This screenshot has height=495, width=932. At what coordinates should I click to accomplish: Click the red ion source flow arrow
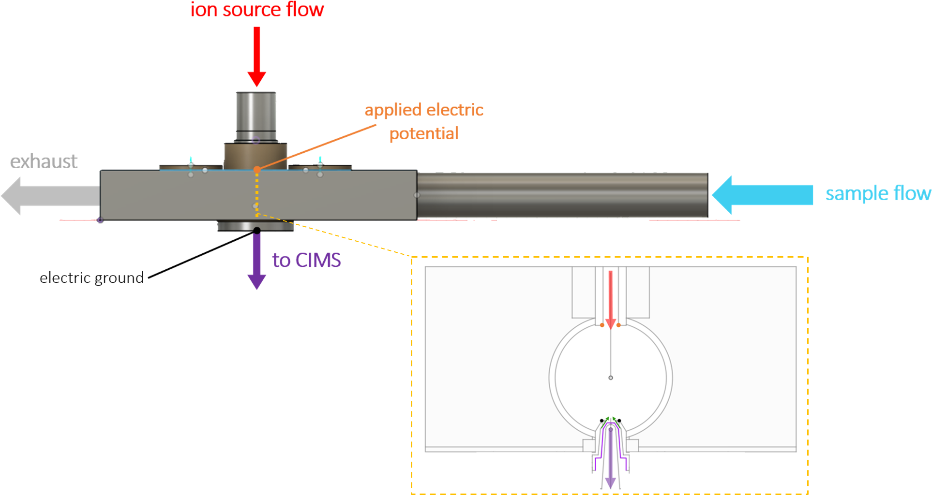pyautogui.click(x=256, y=56)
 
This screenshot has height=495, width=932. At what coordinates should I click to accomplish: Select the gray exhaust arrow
pyautogui.click(x=48, y=196)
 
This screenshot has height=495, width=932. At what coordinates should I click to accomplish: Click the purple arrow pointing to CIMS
pyautogui.click(x=256, y=261)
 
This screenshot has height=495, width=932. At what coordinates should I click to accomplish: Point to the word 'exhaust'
pyautogui.click(x=44, y=161)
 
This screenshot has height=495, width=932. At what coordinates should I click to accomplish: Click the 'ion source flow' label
pyautogui.click(x=257, y=10)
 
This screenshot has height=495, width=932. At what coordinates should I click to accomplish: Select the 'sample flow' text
pyautogui.click(x=878, y=193)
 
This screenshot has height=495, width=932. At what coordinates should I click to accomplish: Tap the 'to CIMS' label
pyautogui.click(x=306, y=260)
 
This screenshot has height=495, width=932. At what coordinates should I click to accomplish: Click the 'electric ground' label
pyautogui.click(x=91, y=278)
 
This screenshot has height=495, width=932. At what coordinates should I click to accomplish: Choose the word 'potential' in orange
pyautogui.click(x=424, y=133)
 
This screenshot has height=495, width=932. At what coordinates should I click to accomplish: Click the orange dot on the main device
pyautogui.click(x=257, y=169)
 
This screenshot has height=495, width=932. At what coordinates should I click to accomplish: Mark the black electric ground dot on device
pyautogui.click(x=257, y=231)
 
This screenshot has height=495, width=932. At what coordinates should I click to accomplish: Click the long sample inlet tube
pyautogui.click(x=561, y=195)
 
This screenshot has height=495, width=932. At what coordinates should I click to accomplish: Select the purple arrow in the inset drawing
pyautogui.click(x=611, y=459)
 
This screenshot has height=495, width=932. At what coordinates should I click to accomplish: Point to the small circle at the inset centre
pyautogui.click(x=611, y=378)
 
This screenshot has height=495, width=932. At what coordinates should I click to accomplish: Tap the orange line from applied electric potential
pyautogui.click(x=317, y=146)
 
